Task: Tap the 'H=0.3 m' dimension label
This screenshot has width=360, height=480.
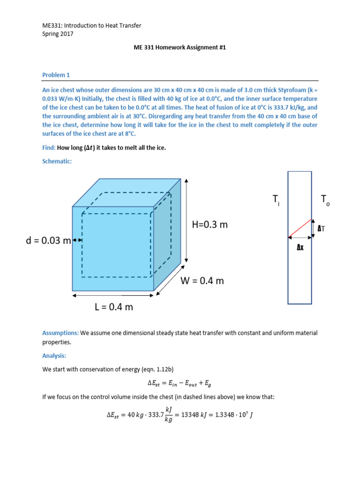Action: pos(210,225)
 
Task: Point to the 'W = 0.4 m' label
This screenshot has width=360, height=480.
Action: pos(202,281)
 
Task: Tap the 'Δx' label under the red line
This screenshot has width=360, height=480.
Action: pos(300,247)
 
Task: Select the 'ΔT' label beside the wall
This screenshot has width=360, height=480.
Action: pos(322,229)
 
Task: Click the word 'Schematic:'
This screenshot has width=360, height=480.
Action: pos(58,161)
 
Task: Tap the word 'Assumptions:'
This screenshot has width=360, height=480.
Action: pos(60,333)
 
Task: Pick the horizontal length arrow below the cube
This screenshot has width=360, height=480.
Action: pos(113,295)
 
